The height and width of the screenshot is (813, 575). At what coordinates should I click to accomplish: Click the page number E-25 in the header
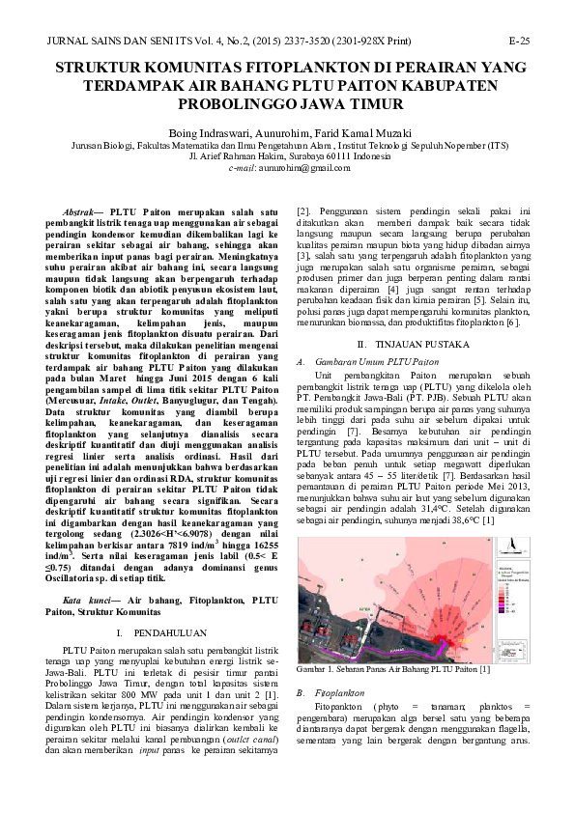[x=518, y=42]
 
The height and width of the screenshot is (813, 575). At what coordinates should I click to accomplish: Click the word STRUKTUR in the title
[x=109, y=69]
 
